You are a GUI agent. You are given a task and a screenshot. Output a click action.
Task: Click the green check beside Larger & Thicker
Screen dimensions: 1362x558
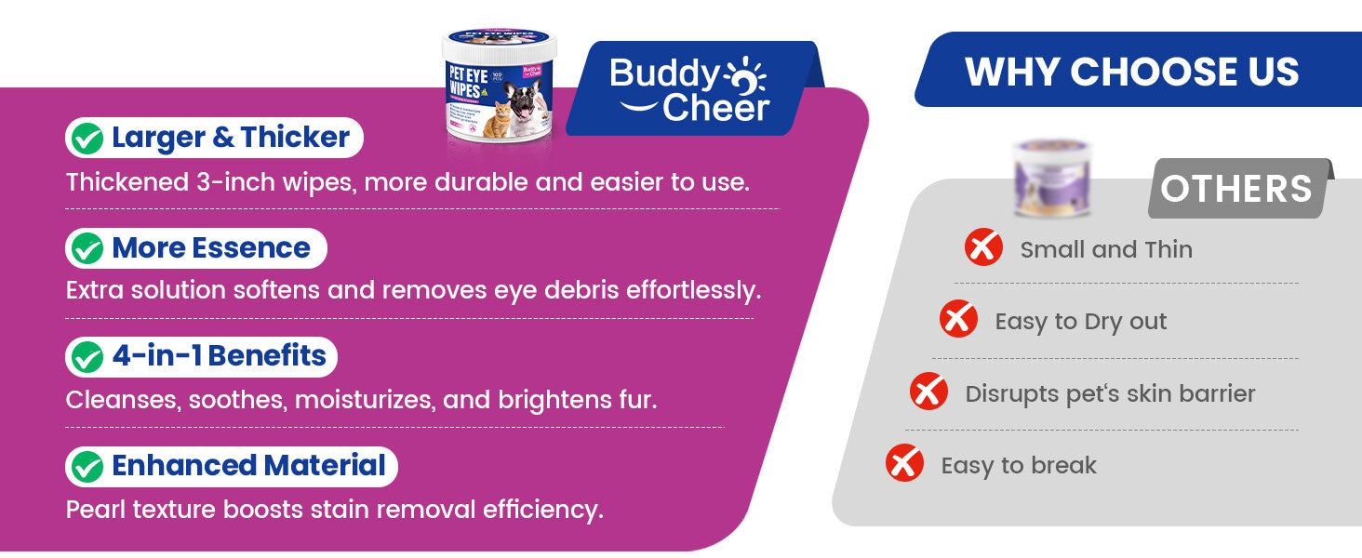tap(87, 139)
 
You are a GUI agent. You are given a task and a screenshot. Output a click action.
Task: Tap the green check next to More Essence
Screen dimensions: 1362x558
tap(87, 248)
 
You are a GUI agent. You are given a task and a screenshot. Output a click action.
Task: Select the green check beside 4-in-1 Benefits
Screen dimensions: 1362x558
tap(87, 357)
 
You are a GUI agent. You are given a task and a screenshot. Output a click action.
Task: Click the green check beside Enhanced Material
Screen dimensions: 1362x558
tap(87, 467)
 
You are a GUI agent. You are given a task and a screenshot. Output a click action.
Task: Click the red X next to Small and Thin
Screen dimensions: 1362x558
tap(983, 247)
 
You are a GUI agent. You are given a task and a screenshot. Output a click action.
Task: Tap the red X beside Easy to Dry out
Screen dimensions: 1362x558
tap(958, 318)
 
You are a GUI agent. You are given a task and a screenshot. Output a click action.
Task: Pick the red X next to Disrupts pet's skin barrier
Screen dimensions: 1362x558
tap(928, 391)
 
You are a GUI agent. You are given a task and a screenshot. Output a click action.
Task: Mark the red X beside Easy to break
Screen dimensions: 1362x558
tap(904, 462)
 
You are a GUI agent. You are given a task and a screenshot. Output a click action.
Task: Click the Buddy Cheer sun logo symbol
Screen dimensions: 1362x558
tap(745, 76)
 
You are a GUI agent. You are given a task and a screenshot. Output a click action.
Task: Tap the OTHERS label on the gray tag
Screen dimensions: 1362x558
tap(1236, 189)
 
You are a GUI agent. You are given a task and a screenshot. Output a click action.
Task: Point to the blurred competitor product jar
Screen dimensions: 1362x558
tap(1051, 179)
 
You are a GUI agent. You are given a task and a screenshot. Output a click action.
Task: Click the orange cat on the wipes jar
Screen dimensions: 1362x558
tap(499, 119)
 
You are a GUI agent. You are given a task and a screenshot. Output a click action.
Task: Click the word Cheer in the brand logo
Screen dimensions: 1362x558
tap(715, 108)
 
